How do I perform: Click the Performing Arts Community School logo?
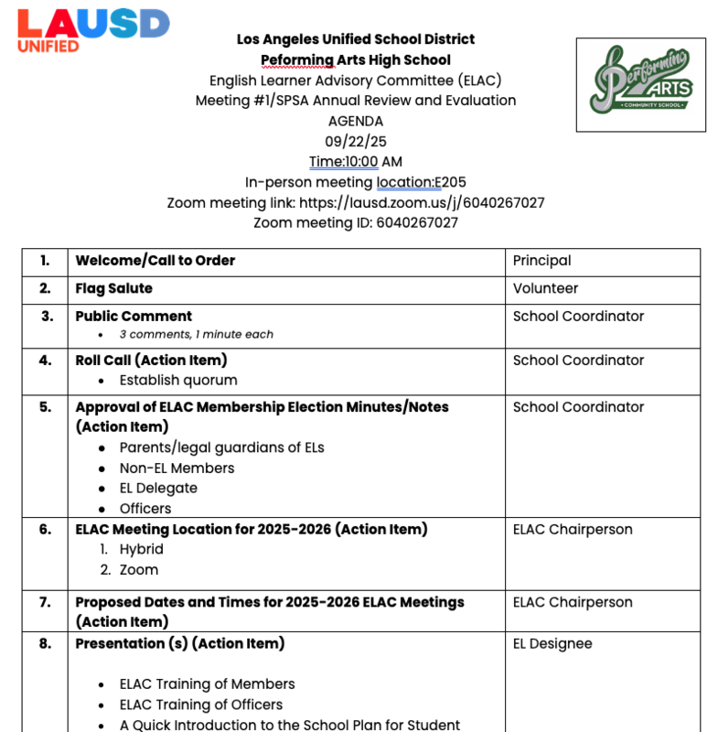click(640, 85)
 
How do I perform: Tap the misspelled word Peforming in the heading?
click(295, 60)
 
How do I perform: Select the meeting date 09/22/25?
click(356, 141)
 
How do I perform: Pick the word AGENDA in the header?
click(356, 121)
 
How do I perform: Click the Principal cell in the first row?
click(541, 261)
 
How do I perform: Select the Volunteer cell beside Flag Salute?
click(545, 288)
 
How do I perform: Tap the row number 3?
click(47, 317)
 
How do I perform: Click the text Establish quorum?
click(177, 381)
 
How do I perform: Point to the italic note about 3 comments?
click(196, 335)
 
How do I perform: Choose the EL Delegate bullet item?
click(158, 489)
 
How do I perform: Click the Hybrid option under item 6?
click(141, 549)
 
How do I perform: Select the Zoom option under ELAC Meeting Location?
click(138, 570)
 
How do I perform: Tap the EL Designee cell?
click(552, 644)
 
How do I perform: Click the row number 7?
click(46, 603)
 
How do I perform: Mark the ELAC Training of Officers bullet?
click(200, 705)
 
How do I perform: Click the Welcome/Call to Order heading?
click(155, 261)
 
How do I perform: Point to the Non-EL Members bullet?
click(177, 468)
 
